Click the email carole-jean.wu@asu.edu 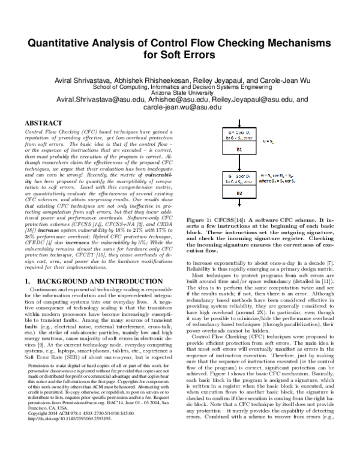tap(179, 107)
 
